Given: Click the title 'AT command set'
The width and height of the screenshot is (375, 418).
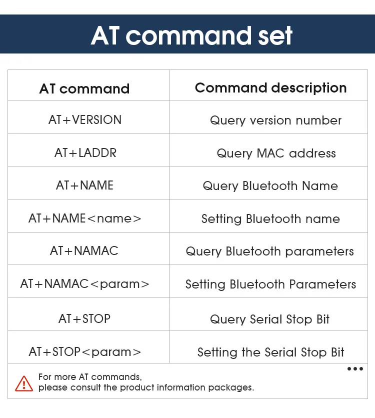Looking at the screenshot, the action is (191, 35).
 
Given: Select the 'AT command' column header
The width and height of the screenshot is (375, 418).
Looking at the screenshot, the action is (84, 88).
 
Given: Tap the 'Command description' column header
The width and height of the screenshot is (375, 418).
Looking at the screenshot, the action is (271, 87).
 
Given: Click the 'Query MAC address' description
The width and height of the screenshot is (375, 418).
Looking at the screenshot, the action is (276, 153).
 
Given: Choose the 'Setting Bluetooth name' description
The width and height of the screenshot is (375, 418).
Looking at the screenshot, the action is (271, 219).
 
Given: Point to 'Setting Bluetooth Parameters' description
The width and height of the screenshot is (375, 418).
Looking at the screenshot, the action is (271, 284).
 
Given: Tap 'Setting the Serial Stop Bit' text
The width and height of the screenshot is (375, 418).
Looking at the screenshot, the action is (271, 352).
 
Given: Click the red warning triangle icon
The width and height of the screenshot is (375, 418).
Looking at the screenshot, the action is (24, 383).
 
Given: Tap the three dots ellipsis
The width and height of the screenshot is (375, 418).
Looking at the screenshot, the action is (355, 368).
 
